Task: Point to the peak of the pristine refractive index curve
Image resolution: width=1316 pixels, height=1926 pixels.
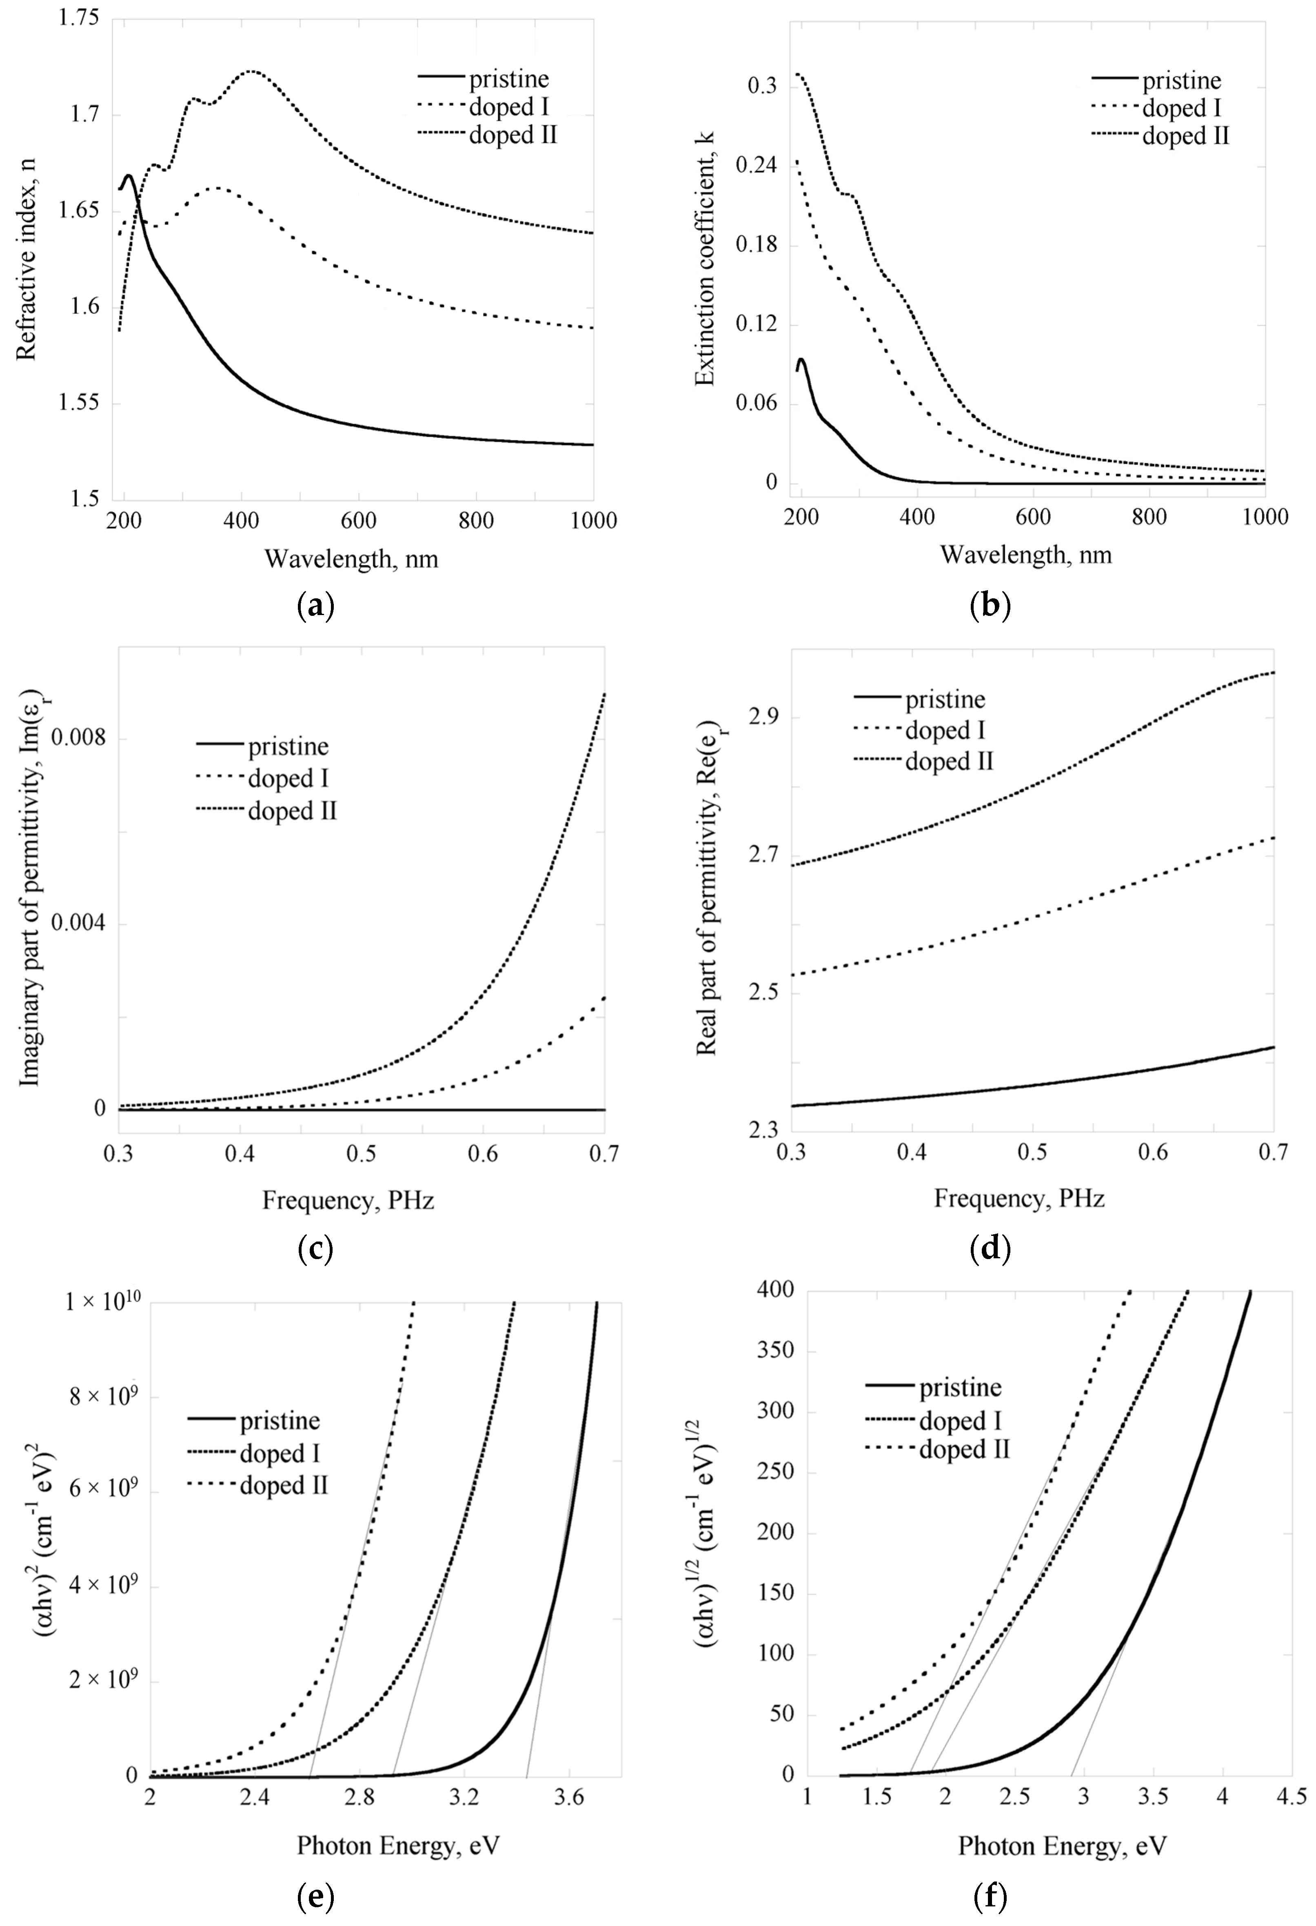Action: [129, 175]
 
